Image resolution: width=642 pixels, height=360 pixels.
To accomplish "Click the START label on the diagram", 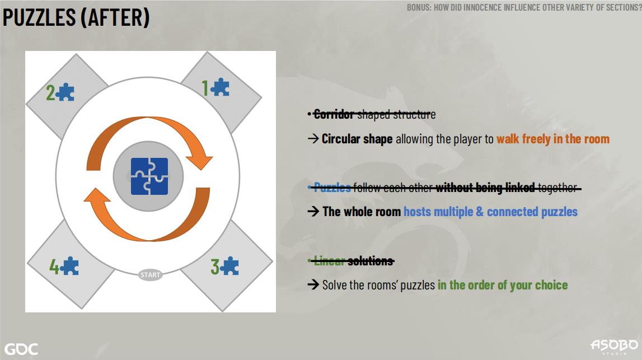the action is coord(150,275).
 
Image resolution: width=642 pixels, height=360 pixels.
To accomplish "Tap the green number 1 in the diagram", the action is coord(205,88).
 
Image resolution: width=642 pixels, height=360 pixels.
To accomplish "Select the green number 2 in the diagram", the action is coord(50,92).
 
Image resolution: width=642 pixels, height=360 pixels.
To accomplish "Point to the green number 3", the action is coord(215,267).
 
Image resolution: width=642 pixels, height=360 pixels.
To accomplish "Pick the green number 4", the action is coord(54,266).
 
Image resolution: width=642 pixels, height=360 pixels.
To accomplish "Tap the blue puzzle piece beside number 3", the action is coord(229,266).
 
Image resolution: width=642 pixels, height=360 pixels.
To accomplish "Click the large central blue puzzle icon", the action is coord(149,176).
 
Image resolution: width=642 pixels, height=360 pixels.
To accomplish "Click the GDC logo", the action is coord(21,349).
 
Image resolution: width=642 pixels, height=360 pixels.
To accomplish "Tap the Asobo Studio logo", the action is coord(614,346).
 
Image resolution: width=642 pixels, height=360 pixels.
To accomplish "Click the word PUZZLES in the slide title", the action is coord(39,17).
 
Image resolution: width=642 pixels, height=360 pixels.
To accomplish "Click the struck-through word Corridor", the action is coord(333,114).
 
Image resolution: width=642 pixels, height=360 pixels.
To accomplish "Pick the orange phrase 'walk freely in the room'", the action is coord(553,139).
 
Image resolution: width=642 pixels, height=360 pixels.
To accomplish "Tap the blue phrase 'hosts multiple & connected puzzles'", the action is coord(490,212).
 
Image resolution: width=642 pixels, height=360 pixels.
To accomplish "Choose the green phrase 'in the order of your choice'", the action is coord(503,285).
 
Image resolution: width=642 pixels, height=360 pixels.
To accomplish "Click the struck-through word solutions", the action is coord(371,261).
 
